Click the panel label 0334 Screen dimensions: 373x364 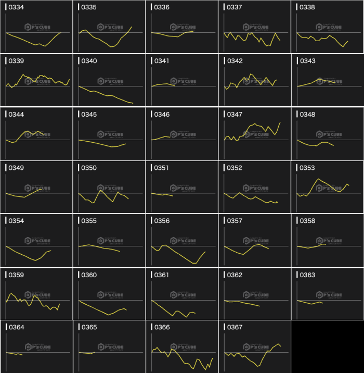(16, 7)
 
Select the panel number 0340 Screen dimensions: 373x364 (89, 61)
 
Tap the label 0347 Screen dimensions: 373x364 (235, 114)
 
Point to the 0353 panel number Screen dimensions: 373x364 (307, 168)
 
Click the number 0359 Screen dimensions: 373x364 (16, 275)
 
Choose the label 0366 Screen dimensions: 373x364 (162, 328)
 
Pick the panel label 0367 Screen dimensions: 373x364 (235, 328)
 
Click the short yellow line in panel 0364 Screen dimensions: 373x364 (15, 354)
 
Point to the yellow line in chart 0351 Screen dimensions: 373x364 (162, 195)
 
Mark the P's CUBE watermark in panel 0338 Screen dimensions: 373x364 (328, 28)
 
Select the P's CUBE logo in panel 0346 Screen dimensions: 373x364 (182, 134)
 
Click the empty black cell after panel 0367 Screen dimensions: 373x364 (328, 346)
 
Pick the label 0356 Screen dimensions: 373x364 (162, 221)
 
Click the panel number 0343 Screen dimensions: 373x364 (307, 61)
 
